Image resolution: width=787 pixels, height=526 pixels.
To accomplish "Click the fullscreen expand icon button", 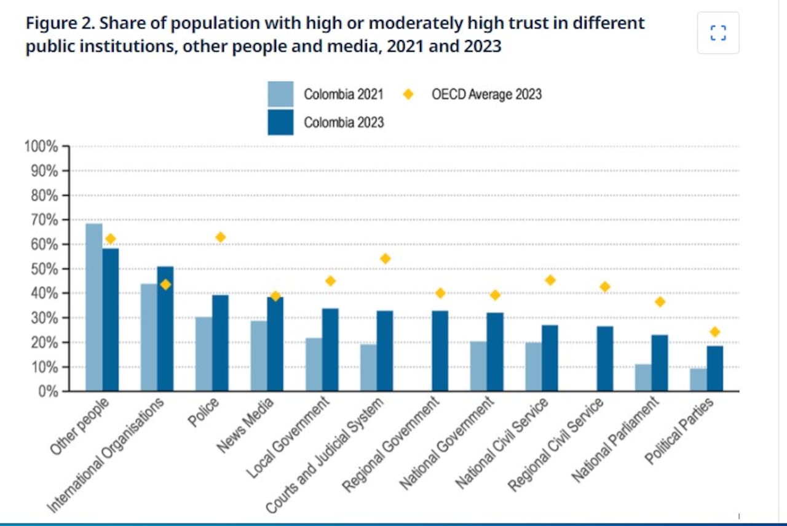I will pyautogui.click(x=718, y=33).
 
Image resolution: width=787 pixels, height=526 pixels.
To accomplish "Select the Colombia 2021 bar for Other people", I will pyautogui.click(x=93, y=307).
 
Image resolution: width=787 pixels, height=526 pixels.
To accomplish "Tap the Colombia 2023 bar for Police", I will pyautogui.click(x=220, y=343).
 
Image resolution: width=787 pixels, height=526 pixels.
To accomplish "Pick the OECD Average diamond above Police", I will pyautogui.click(x=220, y=237).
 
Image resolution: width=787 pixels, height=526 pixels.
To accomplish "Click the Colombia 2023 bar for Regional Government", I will pyautogui.click(x=440, y=351).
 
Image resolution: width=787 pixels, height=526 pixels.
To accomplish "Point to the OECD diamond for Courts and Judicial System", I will pyautogui.click(x=386, y=258).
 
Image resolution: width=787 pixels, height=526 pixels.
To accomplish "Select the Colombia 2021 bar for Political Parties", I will pyautogui.click(x=698, y=380).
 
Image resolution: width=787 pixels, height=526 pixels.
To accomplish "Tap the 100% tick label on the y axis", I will pyautogui.click(x=41, y=146).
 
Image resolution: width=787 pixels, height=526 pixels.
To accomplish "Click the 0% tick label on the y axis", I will pyautogui.click(x=47, y=391).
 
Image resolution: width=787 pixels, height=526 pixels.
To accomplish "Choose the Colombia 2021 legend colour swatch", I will pyautogui.click(x=280, y=94).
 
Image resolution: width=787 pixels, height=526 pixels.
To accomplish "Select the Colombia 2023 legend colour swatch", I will pyautogui.click(x=280, y=122).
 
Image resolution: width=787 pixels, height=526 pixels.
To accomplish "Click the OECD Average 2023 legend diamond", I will pyautogui.click(x=408, y=94).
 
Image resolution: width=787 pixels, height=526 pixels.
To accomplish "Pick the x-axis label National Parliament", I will pyautogui.click(x=615, y=439).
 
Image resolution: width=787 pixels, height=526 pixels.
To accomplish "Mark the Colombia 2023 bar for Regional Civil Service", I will pyautogui.click(x=605, y=359).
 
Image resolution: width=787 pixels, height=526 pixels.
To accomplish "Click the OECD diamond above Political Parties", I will pyautogui.click(x=714, y=332).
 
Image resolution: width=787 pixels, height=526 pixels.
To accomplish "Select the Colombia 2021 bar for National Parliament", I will pyautogui.click(x=643, y=378).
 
